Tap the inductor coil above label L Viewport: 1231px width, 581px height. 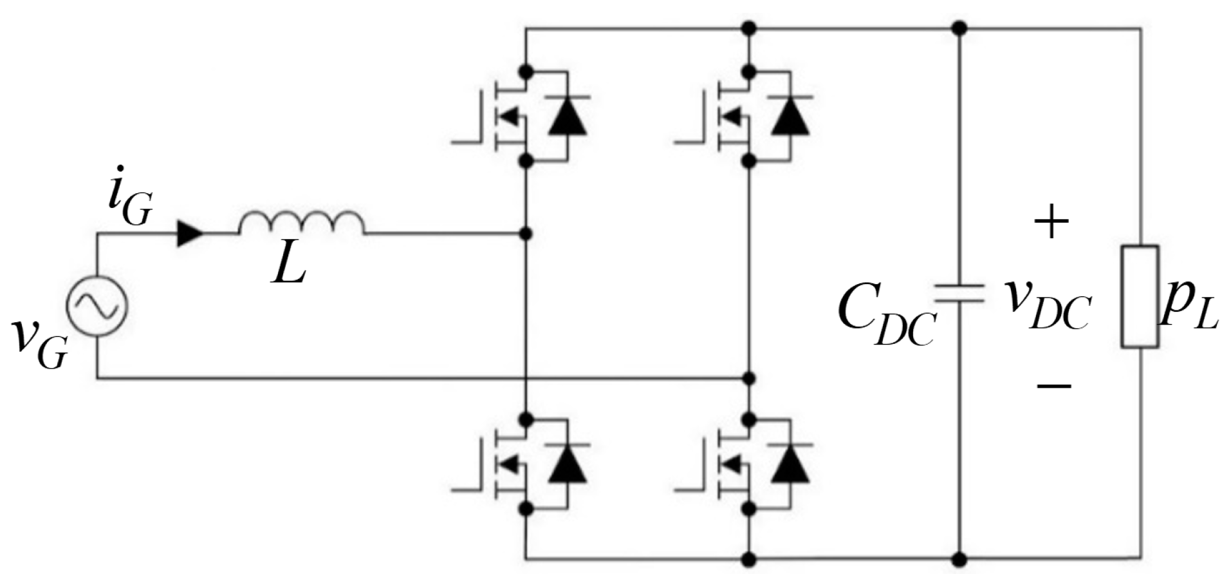click(x=301, y=223)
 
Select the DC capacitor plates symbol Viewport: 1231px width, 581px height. click(x=959, y=294)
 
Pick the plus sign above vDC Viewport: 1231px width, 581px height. click(x=1051, y=222)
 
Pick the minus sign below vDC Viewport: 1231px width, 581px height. click(x=1053, y=386)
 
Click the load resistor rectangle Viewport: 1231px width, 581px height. click(x=1140, y=296)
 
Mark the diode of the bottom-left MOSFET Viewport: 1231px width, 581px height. click(x=567, y=465)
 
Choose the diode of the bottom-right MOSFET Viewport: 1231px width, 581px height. click(x=790, y=465)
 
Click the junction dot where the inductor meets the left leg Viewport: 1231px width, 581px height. click(x=526, y=233)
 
